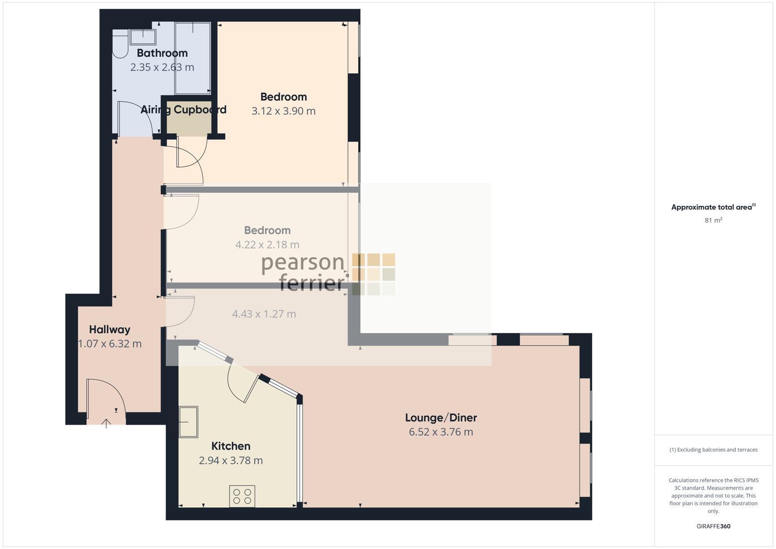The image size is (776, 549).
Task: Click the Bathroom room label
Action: tap(162, 53)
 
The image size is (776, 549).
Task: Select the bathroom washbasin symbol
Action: tap(143, 37)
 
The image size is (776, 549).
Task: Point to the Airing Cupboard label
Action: tap(183, 110)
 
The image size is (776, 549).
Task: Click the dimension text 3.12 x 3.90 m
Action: tap(284, 111)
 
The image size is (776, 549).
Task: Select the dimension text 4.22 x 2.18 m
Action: tap(267, 245)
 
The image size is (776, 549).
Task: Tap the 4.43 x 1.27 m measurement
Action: tap(264, 314)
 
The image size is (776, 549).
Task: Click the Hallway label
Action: tap(110, 329)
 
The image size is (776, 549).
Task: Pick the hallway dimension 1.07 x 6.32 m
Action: tap(110, 344)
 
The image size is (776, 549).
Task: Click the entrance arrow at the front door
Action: tap(106, 423)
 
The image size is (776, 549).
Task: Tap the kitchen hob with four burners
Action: tap(242, 496)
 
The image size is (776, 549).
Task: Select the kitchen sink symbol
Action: tap(188, 421)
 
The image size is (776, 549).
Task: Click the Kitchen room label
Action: tap(231, 446)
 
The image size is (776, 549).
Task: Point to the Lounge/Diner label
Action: tap(441, 418)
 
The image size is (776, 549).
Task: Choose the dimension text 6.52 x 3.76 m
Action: tap(441, 432)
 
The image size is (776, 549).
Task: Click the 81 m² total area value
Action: tap(713, 221)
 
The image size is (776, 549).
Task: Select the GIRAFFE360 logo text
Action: tap(713, 526)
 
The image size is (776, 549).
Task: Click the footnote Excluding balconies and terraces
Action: tap(713, 450)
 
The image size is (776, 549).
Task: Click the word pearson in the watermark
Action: tap(303, 263)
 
